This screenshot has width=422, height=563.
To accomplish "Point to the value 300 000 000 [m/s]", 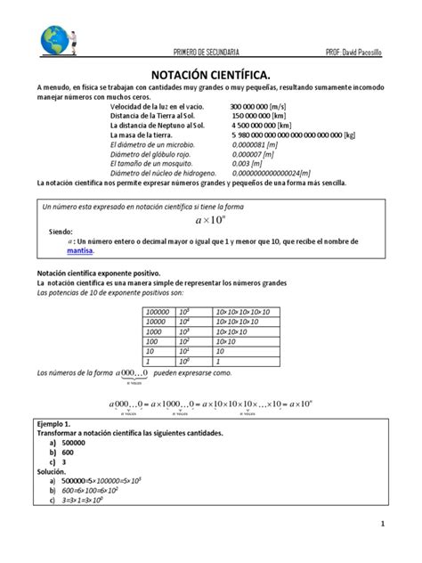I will pos(264,107).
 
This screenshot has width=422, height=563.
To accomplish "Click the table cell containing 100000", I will pos(158,311).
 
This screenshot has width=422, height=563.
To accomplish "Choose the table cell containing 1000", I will pos(153,330).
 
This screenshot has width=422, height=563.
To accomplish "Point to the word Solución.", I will pos(53,469).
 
